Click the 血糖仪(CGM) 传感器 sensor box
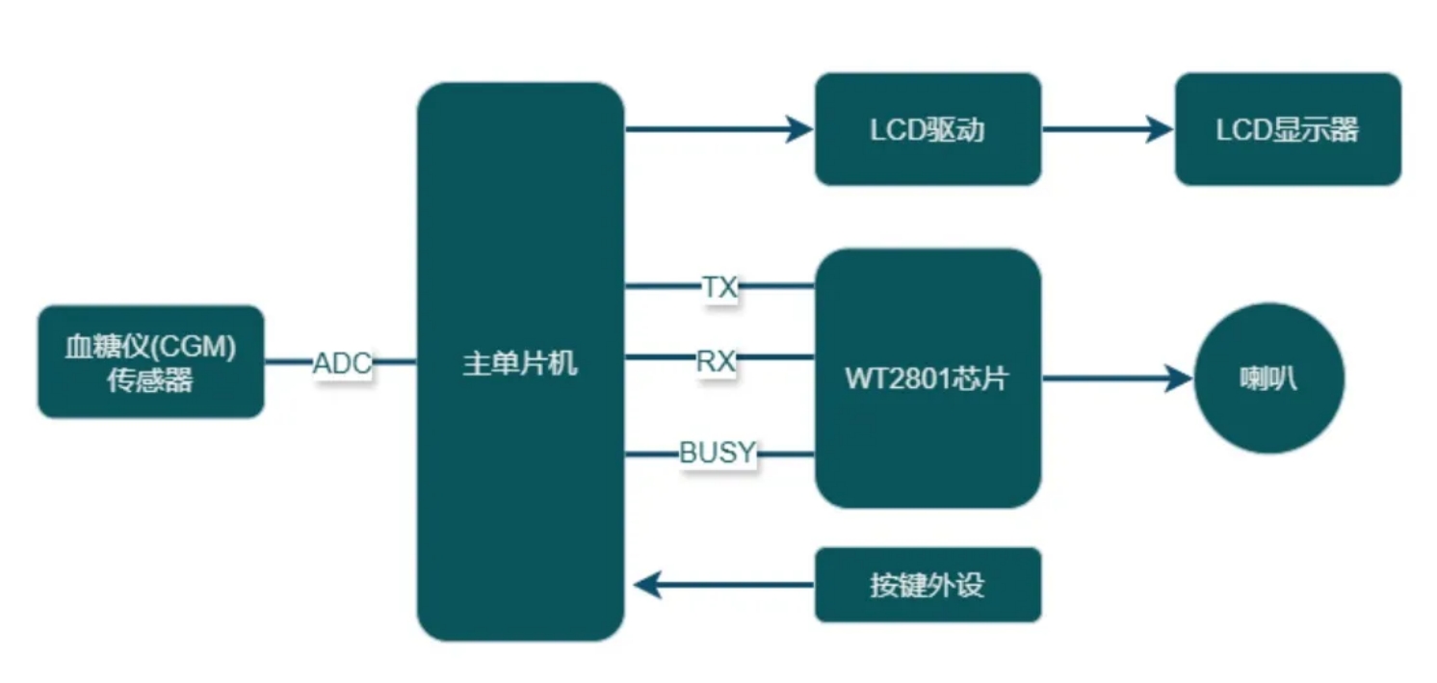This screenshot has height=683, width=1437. point(150,361)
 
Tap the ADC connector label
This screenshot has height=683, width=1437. point(342,364)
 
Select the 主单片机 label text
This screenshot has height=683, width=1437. point(520,363)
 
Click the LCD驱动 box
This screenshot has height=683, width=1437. point(928,129)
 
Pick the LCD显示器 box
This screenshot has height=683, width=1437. point(1288,129)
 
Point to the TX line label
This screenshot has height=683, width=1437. point(718,286)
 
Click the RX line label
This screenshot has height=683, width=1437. point(716,361)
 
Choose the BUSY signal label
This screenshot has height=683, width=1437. point(718,452)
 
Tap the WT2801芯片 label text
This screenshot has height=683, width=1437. point(927,379)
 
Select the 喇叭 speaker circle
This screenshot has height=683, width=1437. point(1268,379)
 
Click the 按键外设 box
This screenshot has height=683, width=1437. point(928,585)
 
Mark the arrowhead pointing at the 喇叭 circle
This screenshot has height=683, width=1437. point(1180,379)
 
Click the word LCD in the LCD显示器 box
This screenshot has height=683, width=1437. point(1244,130)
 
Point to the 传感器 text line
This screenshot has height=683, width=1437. point(150,381)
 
